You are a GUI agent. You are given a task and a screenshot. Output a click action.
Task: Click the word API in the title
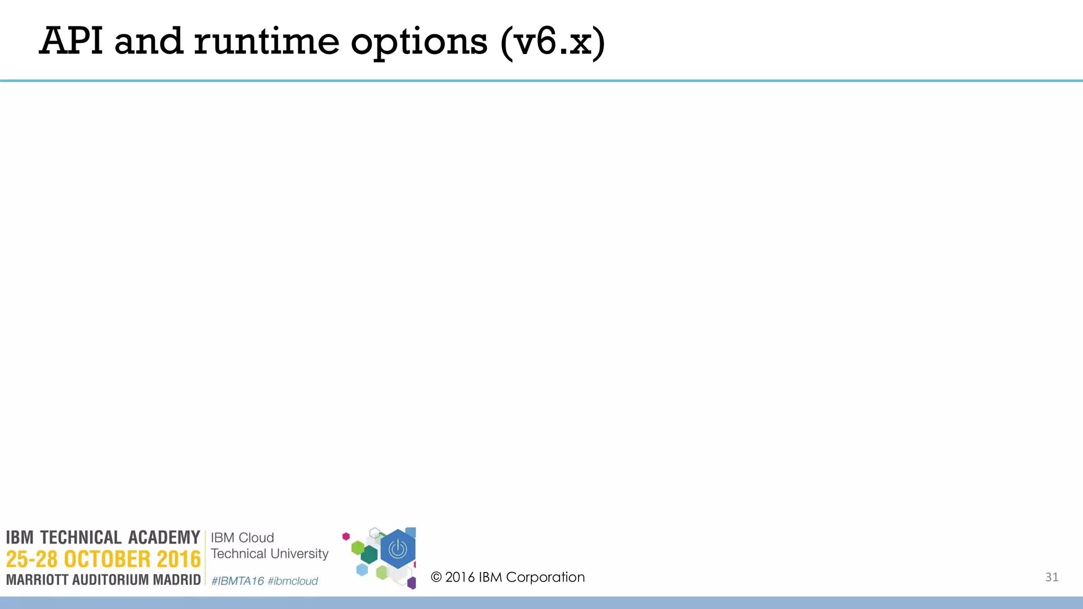tap(71, 41)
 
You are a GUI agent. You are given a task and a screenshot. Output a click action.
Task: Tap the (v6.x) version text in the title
tap(553, 42)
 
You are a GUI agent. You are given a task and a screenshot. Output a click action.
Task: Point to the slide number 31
tap(1051, 577)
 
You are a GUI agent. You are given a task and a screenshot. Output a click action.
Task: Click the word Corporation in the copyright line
tap(545, 577)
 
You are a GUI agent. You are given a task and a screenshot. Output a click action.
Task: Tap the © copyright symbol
tap(436, 577)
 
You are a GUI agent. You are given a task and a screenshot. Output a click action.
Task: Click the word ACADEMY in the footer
tap(164, 538)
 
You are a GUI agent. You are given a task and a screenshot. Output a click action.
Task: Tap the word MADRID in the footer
tap(177, 580)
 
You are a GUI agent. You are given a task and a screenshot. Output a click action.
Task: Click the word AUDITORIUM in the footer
tap(111, 580)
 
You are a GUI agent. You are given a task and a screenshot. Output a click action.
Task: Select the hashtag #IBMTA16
tap(237, 581)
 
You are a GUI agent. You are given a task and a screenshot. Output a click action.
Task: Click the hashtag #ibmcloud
tap(292, 581)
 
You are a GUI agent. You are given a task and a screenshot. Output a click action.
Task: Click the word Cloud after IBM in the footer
tap(256, 538)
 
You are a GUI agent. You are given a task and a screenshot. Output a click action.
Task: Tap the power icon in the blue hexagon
tap(398, 549)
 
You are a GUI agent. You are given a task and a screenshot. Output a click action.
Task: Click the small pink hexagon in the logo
tap(346, 537)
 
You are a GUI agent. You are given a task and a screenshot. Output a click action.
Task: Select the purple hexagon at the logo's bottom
tap(411, 584)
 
